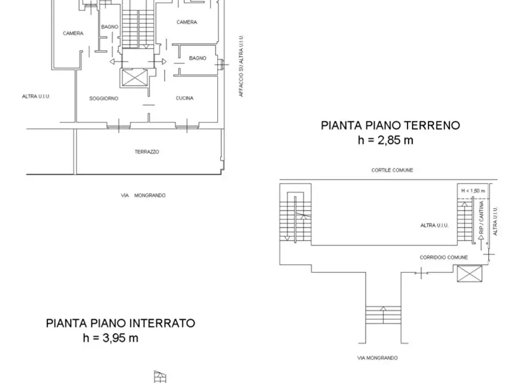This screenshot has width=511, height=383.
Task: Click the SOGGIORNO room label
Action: pyautogui.click(x=104, y=98)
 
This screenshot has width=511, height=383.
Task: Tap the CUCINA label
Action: pyautogui.click(x=184, y=98)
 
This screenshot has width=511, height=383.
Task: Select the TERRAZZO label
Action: pyautogui.click(x=146, y=152)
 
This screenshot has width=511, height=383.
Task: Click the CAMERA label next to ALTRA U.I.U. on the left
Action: pyautogui.click(x=73, y=34)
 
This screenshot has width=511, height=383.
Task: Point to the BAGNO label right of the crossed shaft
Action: pyautogui.click(x=197, y=58)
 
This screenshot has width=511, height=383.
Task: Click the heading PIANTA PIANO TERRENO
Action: pyautogui.click(x=390, y=125)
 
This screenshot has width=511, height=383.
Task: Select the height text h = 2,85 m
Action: pyautogui.click(x=385, y=140)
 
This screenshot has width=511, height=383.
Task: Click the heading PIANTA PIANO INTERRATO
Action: pyautogui.click(x=120, y=323)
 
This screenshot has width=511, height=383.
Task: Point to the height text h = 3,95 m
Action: pyautogui.click(x=110, y=338)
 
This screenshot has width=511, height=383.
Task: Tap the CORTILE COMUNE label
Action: pyautogui.click(x=392, y=170)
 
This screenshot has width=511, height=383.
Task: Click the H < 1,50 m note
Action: pyautogui.click(x=473, y=190)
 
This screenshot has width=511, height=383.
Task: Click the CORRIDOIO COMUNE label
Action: pyautogui.click(x=443, y=258)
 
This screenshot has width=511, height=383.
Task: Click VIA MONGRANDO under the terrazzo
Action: pyautogui.click(x=143, y=196)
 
